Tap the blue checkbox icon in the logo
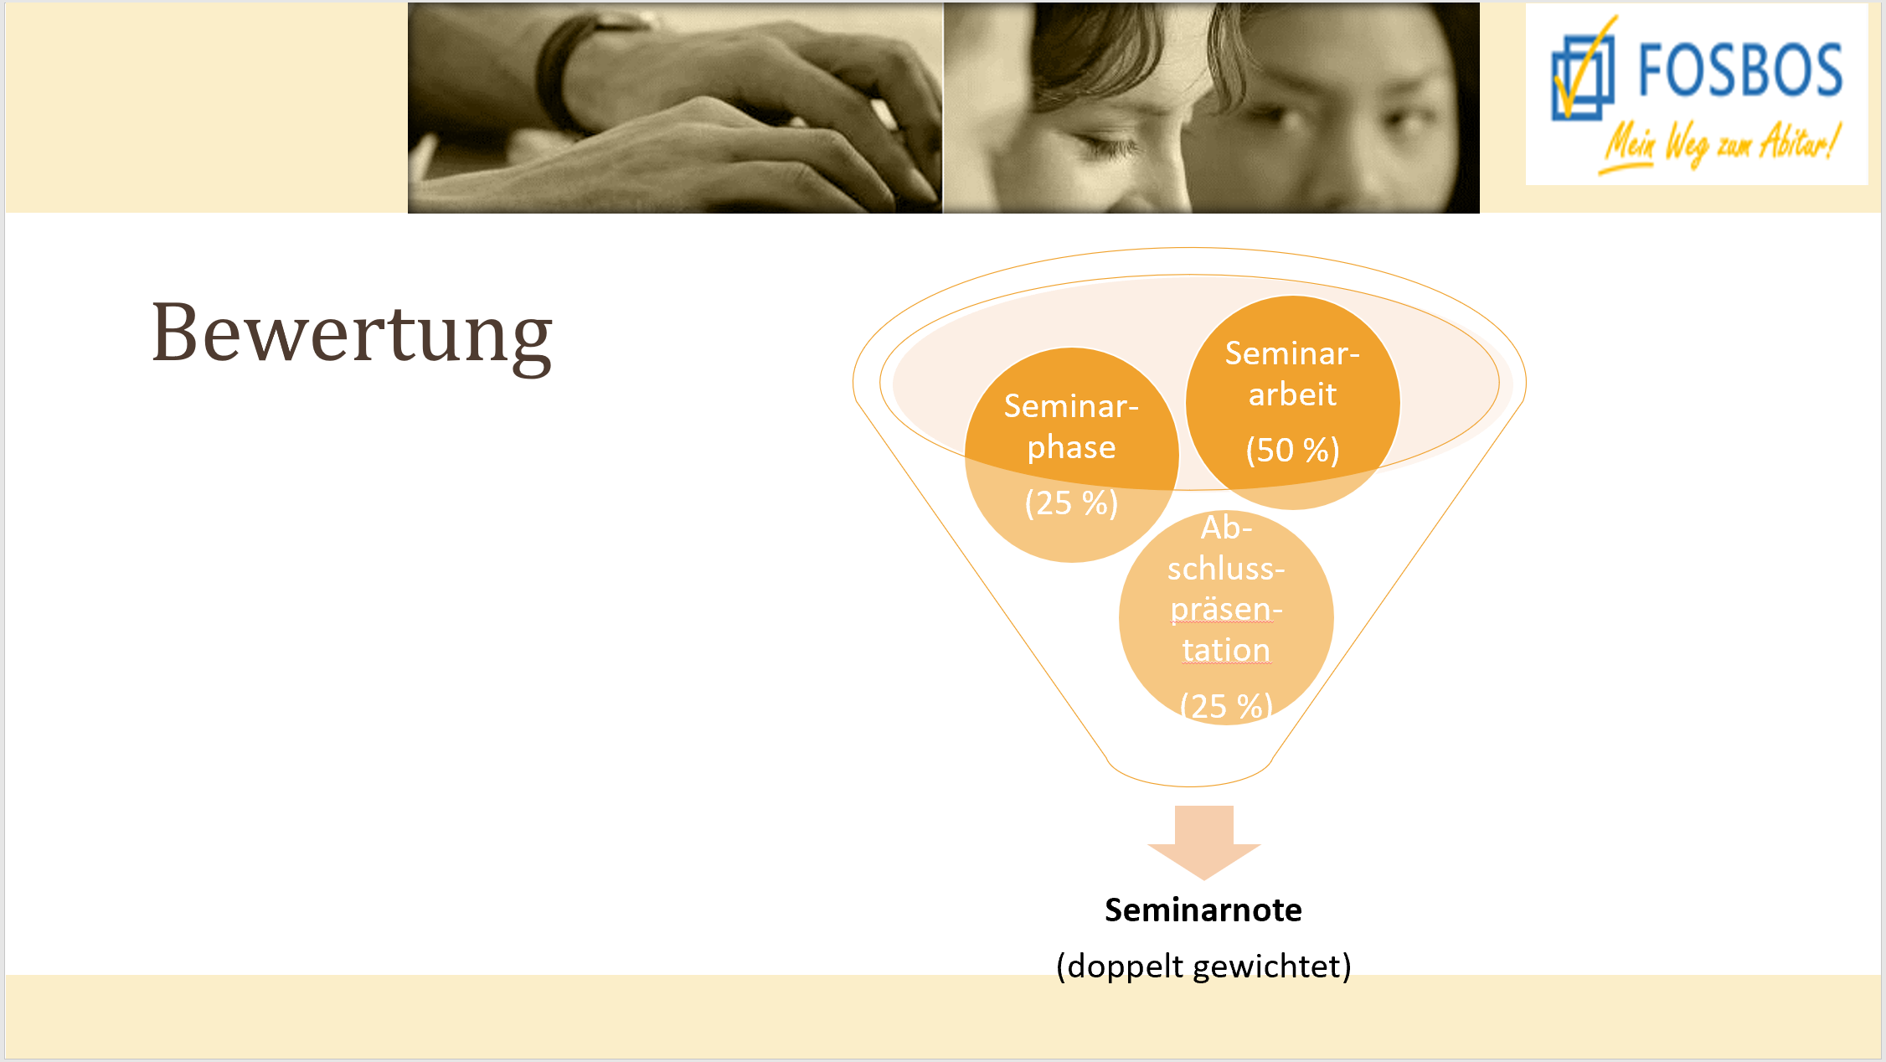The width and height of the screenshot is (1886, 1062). (x=1582, y=75)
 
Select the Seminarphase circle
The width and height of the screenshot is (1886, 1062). (x=1072, y=455)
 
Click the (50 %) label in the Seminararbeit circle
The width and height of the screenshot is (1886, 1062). (x=1292, y=451)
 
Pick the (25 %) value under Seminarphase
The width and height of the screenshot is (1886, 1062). (x=1071, y=503)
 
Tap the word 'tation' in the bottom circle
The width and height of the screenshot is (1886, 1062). (x=1226, y=650)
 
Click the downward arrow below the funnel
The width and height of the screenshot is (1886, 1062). (x=1204, y=843)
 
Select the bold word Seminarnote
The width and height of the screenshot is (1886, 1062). (x=1203, y=910)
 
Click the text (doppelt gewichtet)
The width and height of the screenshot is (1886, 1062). (x=1203, y=967)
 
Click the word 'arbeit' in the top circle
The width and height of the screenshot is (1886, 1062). (x=1292, y=394)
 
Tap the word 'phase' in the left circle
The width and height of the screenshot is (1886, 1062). (x=1071, y=447)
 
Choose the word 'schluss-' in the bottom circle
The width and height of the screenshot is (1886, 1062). (x=1226, y=569)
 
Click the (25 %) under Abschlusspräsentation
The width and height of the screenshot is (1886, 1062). (x=1226, y=706)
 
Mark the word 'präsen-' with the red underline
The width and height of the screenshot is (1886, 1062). (x=1226, y=610)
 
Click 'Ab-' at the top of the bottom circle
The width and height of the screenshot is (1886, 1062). (x=1226, y=528)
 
